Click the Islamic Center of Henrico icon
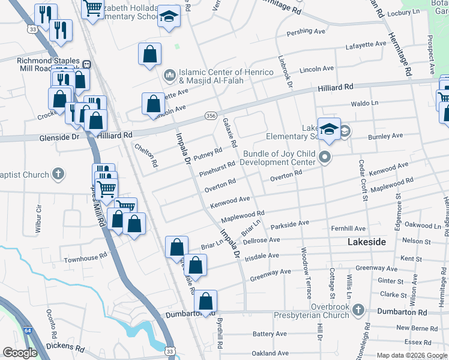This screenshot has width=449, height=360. click(169, 76)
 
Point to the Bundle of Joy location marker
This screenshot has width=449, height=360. click(325, 158)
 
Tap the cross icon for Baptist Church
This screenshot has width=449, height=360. click(58, 175)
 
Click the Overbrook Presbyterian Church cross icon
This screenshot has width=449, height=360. click(358, 310)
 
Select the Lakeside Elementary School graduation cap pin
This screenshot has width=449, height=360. click(329, 129)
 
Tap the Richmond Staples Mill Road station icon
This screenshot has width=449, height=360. click(86, 64)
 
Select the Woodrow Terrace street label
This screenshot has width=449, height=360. click(306, 272)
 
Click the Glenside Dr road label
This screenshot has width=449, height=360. click(59, 137)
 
